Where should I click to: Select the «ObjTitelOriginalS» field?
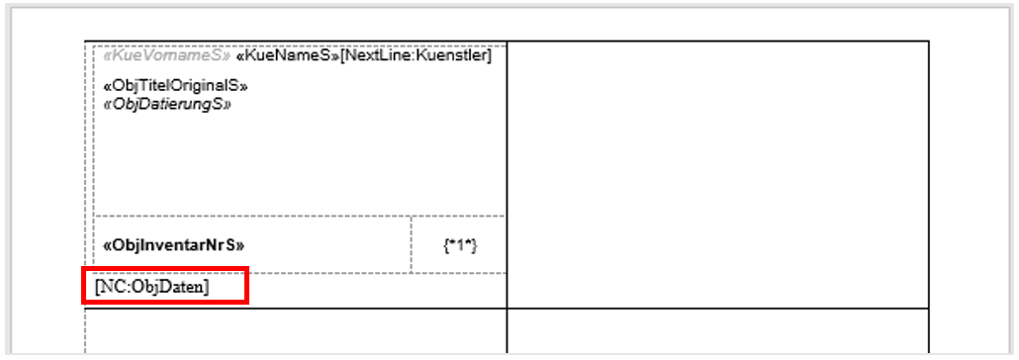click(176, 87)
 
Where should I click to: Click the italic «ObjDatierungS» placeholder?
click(167, 103)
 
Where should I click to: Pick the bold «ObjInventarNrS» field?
click(173, 244)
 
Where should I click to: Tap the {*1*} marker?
click(460, 244)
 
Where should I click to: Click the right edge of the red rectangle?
click(246, 287)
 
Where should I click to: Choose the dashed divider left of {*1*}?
click(411, 244)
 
